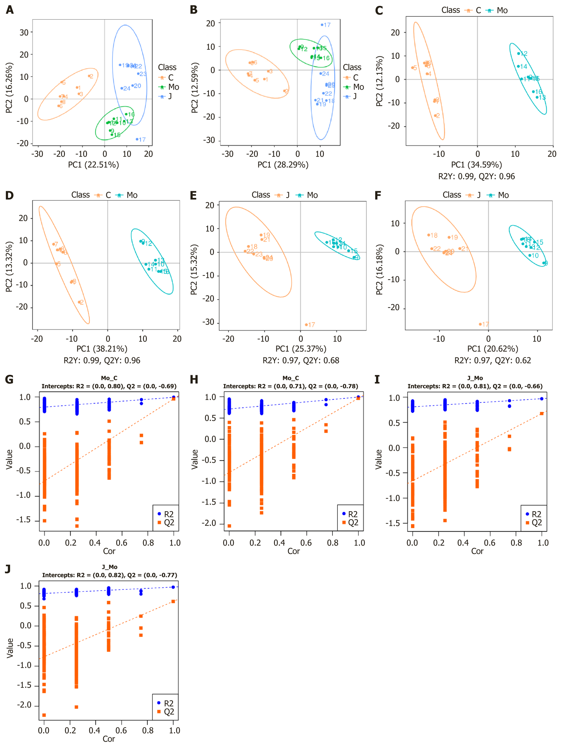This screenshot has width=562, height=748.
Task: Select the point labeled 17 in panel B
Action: click(322, 25)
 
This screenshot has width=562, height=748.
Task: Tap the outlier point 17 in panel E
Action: click(306, 325)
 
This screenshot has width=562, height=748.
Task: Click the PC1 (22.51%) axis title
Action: click(93, 165)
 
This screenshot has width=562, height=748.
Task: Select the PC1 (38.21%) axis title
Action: click(102, 349)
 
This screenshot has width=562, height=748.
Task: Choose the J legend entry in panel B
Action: click(350, 96)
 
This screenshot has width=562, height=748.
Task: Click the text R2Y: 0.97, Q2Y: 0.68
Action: click(301, 361)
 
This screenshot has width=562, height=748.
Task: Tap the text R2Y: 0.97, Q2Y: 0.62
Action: click(493, 361)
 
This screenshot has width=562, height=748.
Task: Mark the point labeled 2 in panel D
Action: click(79, 302)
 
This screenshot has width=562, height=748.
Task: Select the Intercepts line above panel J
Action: click(109, 575)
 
